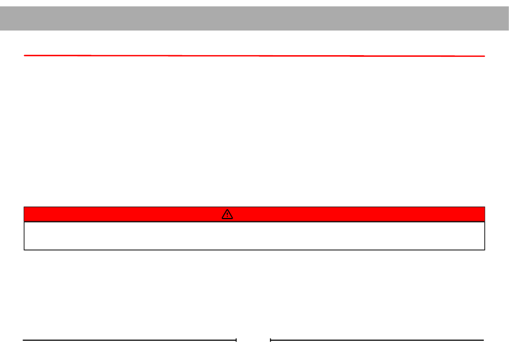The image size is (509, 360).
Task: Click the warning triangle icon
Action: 227,214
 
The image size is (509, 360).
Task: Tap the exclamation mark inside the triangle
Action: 227,215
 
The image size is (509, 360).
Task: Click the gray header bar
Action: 254,18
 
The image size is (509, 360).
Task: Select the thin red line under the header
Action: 254,55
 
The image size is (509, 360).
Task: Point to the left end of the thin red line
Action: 25,55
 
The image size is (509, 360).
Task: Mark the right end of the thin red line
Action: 484,56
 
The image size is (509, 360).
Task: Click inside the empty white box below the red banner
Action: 254,236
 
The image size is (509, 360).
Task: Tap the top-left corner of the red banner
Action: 24,207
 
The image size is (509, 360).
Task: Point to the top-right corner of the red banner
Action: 484,207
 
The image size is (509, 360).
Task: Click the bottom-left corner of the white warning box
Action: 24,250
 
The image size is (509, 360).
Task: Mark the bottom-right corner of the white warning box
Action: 484,250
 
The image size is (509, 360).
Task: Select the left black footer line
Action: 129,340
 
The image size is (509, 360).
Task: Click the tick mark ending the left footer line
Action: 236,340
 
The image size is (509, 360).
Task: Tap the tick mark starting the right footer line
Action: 271,340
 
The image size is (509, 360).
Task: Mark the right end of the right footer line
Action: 483,340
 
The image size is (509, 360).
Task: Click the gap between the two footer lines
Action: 253,340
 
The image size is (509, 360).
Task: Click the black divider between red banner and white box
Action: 254,222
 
